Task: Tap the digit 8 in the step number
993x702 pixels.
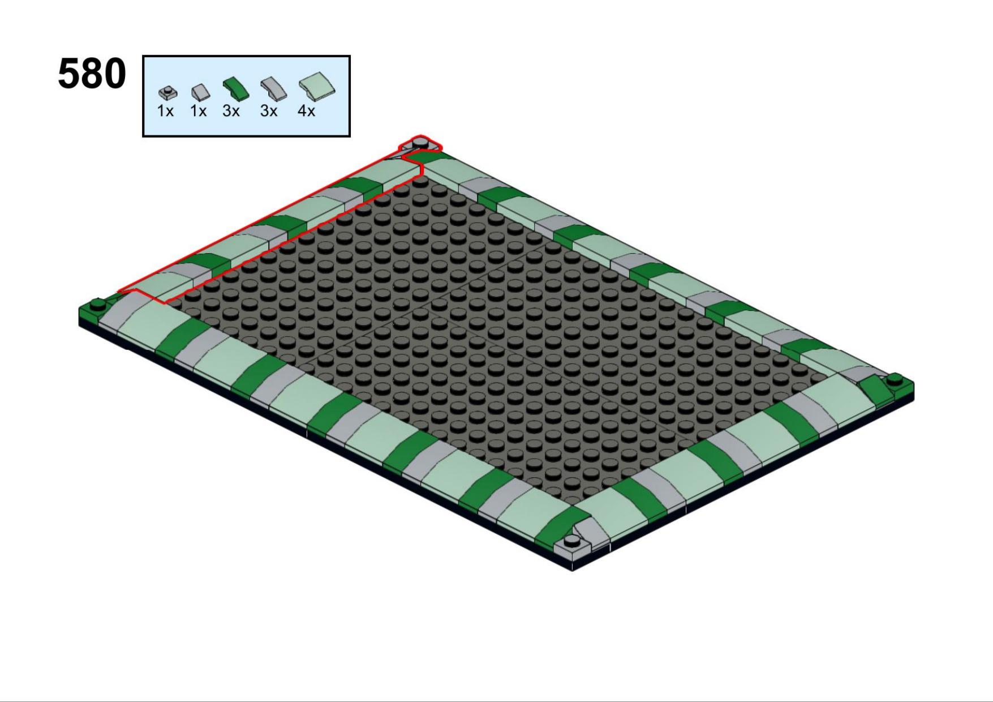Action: pos(92,74)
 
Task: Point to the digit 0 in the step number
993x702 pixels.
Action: pos(115,74)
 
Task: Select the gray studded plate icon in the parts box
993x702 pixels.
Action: pos(167,92)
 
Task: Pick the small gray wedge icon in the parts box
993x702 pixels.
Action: pos(200,92)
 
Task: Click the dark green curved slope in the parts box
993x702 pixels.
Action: pos(235,89)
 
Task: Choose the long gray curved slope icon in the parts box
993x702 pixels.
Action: pos(273,89)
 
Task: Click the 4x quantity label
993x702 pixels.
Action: pos(306,111)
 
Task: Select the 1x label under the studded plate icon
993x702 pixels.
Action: pos(165,111)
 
